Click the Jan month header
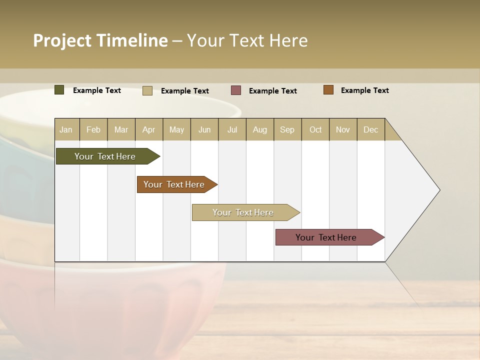pos(66,129)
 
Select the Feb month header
pos(93,129)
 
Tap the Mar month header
pos(121,129)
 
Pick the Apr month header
pos(149,129)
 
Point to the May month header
pos(176,129)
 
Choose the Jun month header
pos(204,129)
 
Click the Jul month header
pos(232,129)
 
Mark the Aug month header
pos(260,129)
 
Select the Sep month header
pos(287,129)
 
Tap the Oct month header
pos(315,129)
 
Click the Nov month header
pos(343,129)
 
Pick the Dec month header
pos(371,129)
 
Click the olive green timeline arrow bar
pos(105,156)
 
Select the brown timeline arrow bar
pos(174,184)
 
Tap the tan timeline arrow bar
pos(243,212)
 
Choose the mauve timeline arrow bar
pos(326,237)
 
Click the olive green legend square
pos(59,90)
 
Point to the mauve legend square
pos(236,90)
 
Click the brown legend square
pos(328,90)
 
